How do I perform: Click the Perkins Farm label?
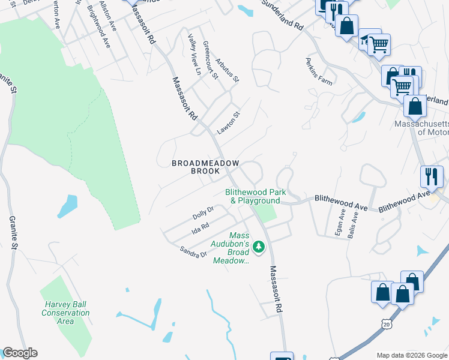[318, 72]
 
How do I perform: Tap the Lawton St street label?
[229, 123]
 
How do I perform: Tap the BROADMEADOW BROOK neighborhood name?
[206, 167]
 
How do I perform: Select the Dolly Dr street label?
[203, 213]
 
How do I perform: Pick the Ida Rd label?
[199, 228]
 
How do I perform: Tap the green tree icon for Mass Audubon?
[259, 246]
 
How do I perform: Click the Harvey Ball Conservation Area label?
[65, 312]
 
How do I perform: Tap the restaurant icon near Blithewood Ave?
[432, 176]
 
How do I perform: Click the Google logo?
[20, 353]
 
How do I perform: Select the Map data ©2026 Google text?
[411, 355]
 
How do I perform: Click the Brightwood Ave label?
[99, 28]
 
